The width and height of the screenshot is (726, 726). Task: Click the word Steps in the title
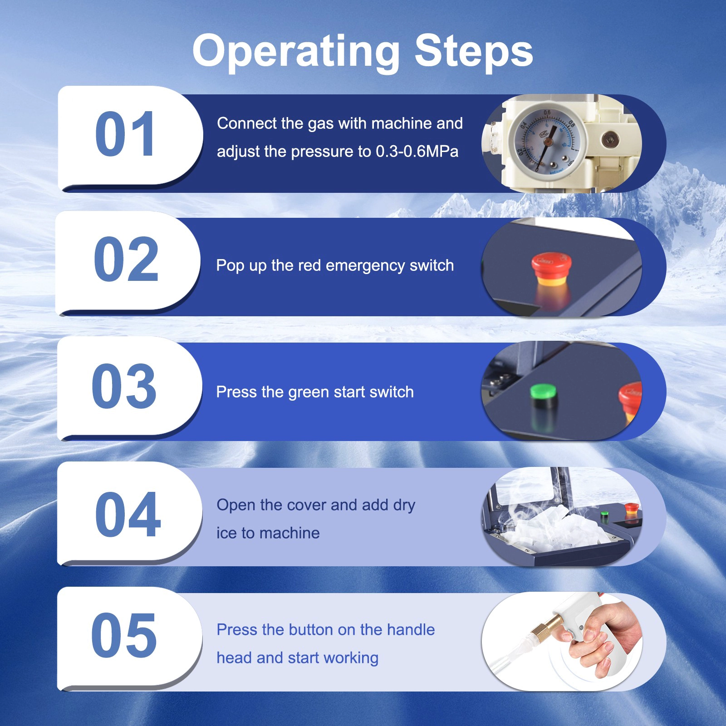pos(474,51)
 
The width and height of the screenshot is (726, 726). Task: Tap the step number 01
pos(126,134)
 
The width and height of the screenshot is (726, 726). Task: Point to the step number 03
pos(124,386)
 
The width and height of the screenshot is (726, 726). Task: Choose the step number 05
pos(124,635)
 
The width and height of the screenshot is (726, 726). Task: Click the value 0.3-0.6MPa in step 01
pos(417,152)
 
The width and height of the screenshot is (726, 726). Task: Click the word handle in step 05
pos(411,630)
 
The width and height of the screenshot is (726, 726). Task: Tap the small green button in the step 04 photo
pos(604,515)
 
